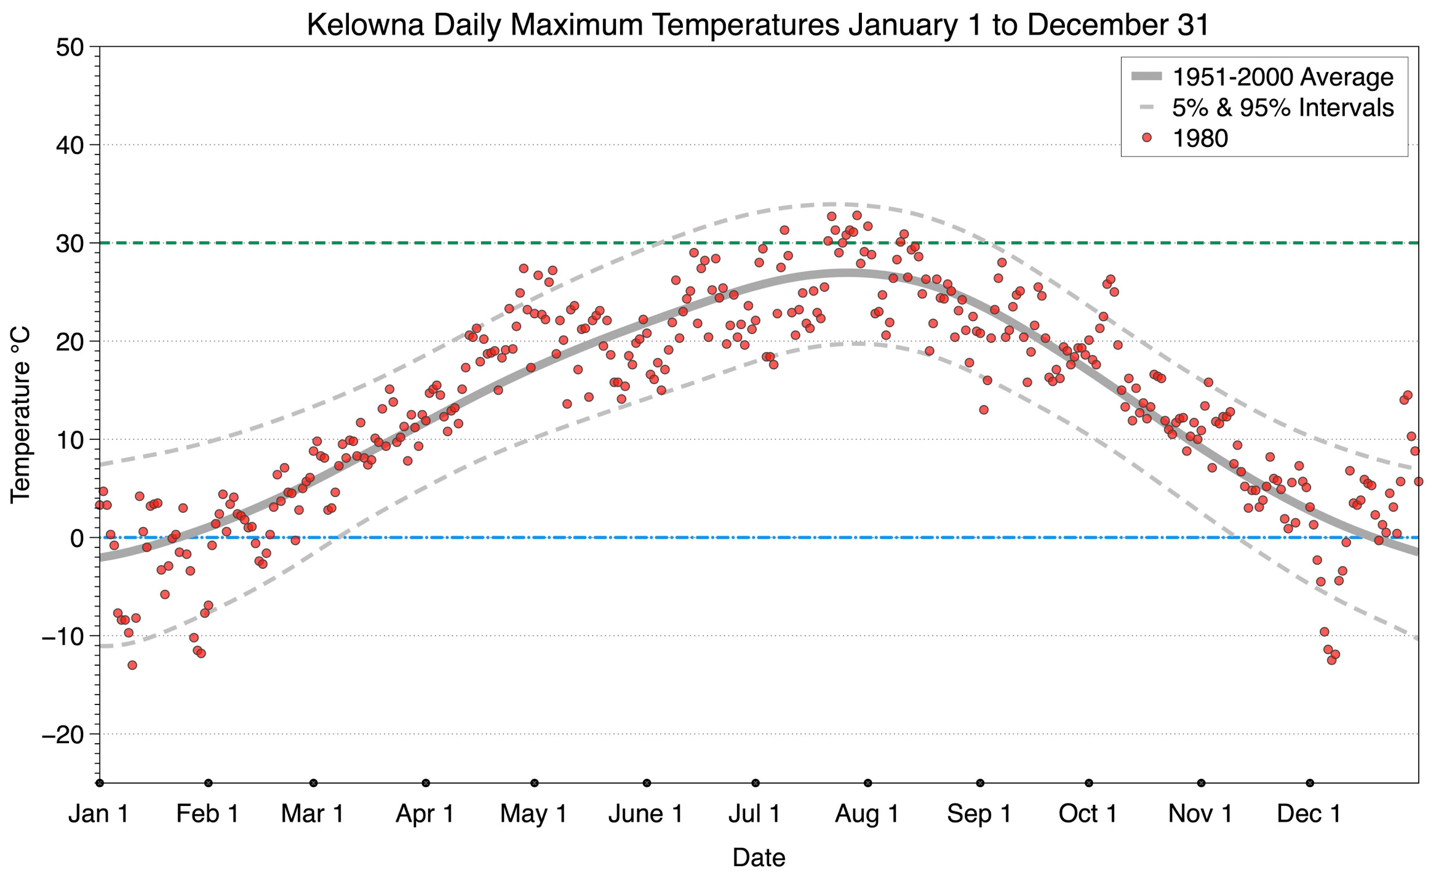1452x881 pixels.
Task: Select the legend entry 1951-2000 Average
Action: point(1283,77)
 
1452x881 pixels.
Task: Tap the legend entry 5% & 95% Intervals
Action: point(1283,108)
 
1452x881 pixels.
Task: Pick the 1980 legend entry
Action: point(1200,138)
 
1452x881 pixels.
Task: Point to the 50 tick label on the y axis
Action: point(70,47)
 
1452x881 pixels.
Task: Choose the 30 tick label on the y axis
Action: point(70,244)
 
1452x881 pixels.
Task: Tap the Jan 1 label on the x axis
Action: point(99,814)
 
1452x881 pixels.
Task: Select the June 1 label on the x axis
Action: point(646,814)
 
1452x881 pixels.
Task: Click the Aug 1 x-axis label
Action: point(867,814)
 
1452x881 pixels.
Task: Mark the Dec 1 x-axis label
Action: point(1309,814)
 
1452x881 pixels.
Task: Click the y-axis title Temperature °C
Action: point(20,415)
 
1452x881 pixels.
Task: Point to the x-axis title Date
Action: point(759,858)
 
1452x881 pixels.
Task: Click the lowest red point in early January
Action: point(132,665)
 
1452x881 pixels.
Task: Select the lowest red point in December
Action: point(1331,660)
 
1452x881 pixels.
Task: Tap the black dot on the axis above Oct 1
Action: point(1089,783)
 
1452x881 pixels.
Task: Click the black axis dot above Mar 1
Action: point(314,783)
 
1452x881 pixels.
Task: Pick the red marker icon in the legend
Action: point(1146,138)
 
